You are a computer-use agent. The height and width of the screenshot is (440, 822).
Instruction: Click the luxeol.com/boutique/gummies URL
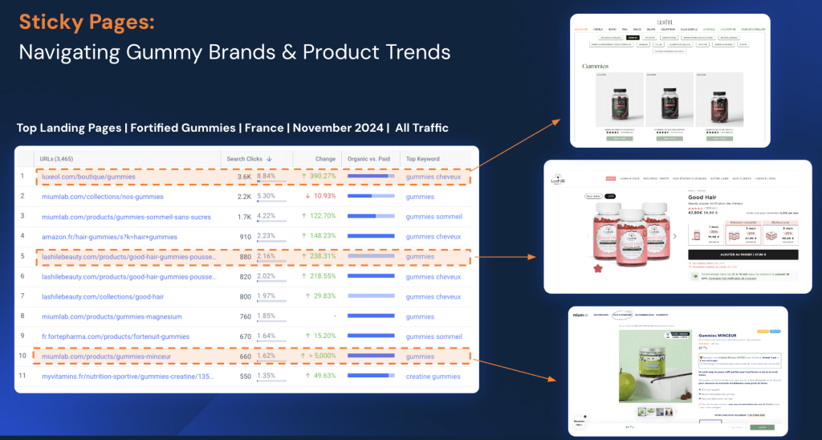click(x=87, y=176)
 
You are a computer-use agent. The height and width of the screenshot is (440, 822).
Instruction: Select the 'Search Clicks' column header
click(x=249, y=158)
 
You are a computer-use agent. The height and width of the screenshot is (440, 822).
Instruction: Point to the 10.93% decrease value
click(x=318, y=196)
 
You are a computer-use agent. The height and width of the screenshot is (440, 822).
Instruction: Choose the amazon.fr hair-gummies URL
click(x=108, y=236)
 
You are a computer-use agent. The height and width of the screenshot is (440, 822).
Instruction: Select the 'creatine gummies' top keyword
click(x=433, y=376)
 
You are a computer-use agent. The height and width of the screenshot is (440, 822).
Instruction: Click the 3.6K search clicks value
click(x=244, y=176)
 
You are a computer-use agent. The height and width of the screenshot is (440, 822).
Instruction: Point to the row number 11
click(x=23, y=376)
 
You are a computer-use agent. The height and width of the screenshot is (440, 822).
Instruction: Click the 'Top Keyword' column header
click(x=423, y=158)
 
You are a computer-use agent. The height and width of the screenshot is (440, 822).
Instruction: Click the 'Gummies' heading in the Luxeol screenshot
click(x=596, y=66)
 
